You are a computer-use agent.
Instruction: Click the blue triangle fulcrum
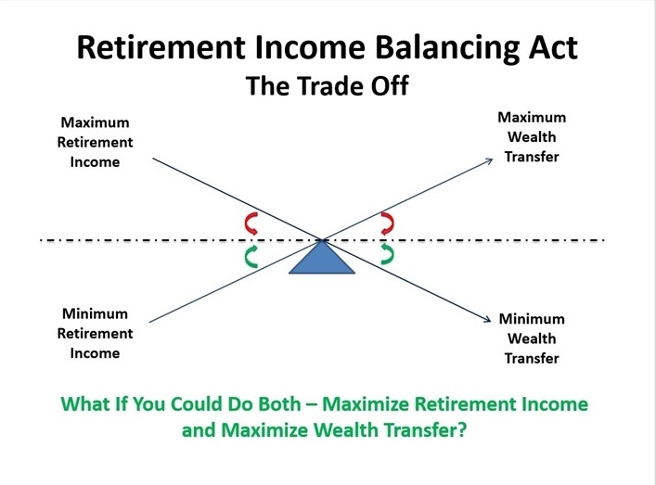click(322, 260)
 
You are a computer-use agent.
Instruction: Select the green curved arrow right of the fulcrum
click(388, 254)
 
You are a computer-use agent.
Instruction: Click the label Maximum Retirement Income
click(96, 142)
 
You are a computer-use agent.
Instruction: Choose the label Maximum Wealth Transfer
click(532, 137)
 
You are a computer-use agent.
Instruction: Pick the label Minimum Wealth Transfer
click(532, 338)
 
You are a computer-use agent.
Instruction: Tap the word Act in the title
click(552, 47)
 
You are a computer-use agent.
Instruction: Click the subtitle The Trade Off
click(327, 88)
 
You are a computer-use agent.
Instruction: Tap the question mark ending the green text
click(461, 431)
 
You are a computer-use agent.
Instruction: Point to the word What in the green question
click(84, 405)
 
